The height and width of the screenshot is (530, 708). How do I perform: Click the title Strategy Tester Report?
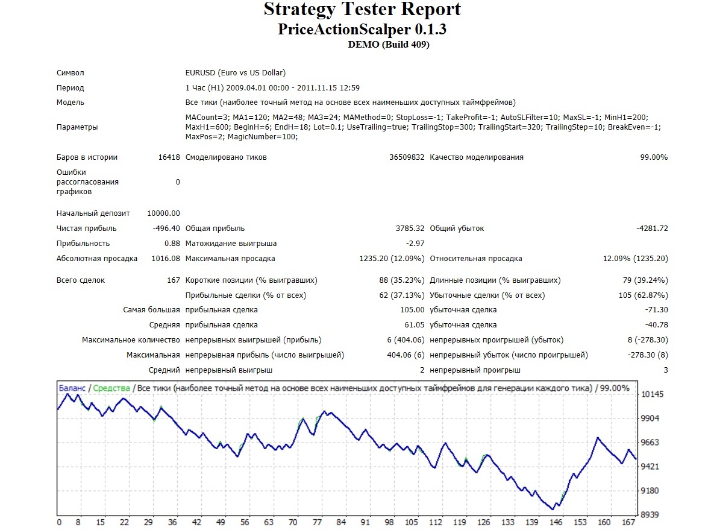[362, 9]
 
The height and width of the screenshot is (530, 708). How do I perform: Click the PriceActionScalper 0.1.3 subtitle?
[362, 30]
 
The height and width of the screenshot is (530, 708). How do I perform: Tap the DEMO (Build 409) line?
[388, 44]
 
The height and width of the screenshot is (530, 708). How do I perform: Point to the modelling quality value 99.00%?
[654, 157]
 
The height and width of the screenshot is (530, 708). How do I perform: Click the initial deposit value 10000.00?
[163, 213]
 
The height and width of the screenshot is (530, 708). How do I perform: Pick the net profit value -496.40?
[166, 228]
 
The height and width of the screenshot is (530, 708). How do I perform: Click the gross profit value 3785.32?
[410, 228]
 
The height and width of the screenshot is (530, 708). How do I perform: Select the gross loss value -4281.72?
[652, 228]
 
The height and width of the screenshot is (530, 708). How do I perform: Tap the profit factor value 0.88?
[172, 244]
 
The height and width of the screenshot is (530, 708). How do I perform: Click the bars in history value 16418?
[169, 157]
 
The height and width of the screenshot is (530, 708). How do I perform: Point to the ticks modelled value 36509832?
[407, 157]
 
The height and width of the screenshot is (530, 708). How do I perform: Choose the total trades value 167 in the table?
[174, 280]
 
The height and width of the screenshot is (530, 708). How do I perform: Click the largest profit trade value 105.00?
[412, 310]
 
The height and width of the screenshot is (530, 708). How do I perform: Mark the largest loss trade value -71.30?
[657, 310]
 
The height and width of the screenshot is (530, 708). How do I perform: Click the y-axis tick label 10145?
[653, 394]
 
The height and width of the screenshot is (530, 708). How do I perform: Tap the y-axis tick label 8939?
[650, 515]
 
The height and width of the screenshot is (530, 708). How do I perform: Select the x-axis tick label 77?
[317, 522]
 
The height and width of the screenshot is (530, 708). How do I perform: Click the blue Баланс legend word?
[72, 388]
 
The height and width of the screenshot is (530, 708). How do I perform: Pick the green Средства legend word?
[111, 388]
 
